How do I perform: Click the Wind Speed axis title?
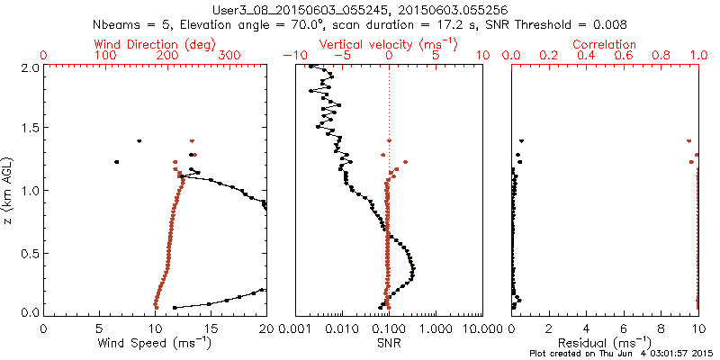pos(156,343)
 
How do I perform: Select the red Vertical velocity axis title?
pos(389,43)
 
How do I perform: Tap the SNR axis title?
pos(389,343)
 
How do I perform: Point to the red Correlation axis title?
pos(606,43)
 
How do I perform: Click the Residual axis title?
pos(606,343)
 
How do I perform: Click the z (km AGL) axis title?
pos(9,190)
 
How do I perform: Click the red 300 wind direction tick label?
pos(229,55)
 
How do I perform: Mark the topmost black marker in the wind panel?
pos(139,140)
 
